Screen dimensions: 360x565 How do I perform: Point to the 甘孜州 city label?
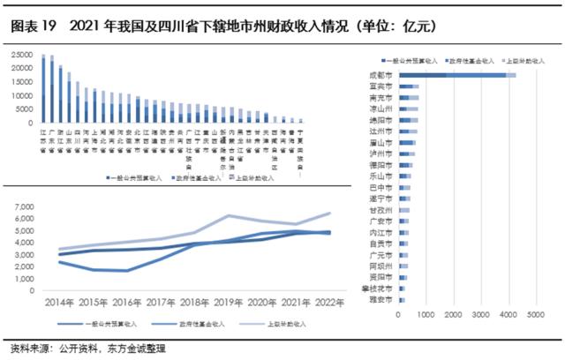coord(382,210)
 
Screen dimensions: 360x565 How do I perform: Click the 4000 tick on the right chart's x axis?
coord(507,314)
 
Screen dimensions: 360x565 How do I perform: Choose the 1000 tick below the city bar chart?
coord(426,314)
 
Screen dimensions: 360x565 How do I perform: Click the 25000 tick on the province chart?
coord(20,55)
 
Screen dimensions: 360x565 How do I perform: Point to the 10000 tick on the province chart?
coord(20,95)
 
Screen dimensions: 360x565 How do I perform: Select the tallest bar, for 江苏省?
coord(42,89)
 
